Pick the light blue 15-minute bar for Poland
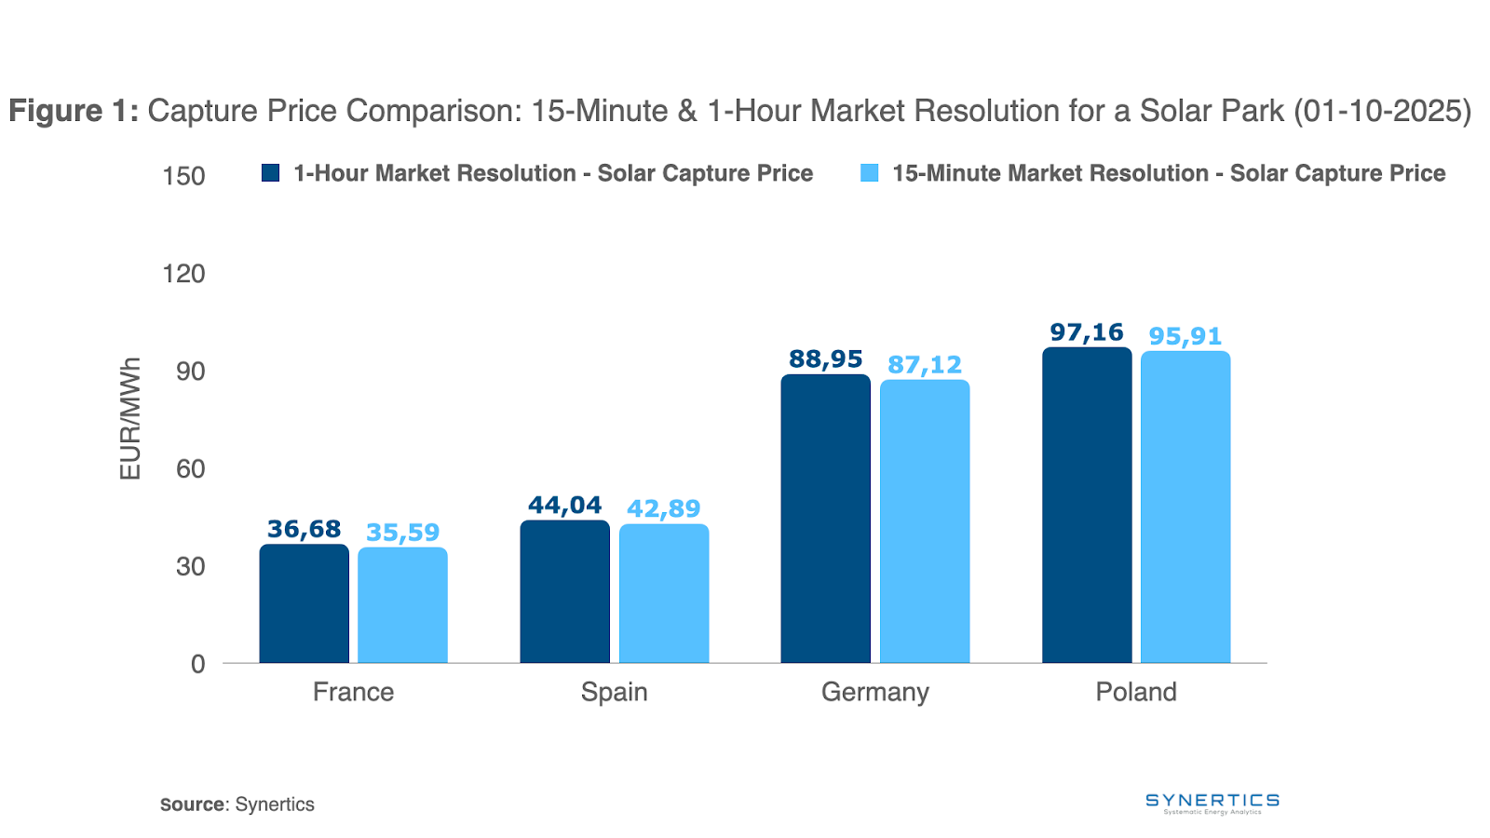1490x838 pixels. (1185, 507)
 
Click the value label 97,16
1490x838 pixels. (1086, 332)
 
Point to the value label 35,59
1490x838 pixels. (402, 533)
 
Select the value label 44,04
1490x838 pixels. (564, 506)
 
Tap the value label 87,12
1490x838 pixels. (925, 365)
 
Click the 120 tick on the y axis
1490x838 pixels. (183, 274)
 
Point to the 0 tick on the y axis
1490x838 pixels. (197, 664)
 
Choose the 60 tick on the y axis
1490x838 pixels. (190, 468)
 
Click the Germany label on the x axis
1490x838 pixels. (874, 692)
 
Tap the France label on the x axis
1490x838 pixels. (353, 692)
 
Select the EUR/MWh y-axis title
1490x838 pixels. (130, 419)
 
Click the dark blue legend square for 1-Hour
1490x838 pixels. (271, 173)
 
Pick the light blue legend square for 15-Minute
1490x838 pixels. (869, 173)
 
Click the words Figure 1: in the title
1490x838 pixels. (74, 111)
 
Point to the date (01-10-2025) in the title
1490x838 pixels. (1382, 111)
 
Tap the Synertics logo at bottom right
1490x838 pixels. (1212, 803)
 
